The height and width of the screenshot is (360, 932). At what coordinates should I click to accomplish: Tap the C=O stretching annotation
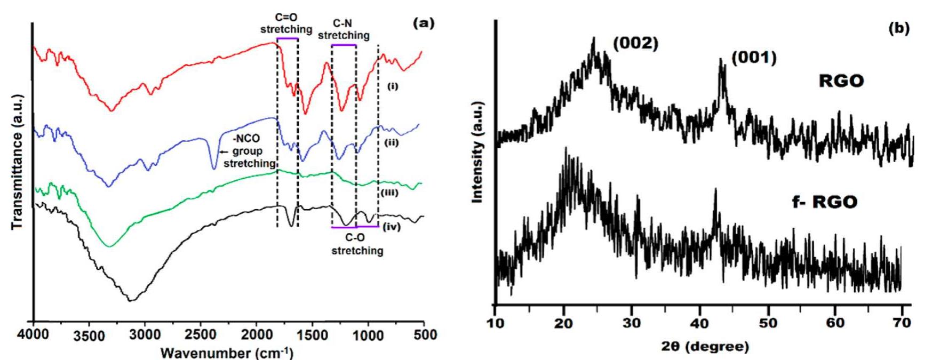[286, 24]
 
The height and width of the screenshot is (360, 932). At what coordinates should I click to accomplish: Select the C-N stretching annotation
[344, 30]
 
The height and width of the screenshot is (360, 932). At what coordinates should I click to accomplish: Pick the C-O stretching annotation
[357, 245]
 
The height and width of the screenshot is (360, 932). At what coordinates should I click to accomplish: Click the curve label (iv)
[391, 227]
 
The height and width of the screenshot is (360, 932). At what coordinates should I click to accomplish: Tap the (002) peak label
[635, 44]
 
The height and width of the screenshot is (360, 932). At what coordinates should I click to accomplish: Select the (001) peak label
[753, 57]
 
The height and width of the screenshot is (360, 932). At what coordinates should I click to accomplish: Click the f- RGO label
[824, 202]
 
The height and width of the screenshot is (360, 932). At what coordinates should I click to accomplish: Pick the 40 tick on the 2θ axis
[699, 323]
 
